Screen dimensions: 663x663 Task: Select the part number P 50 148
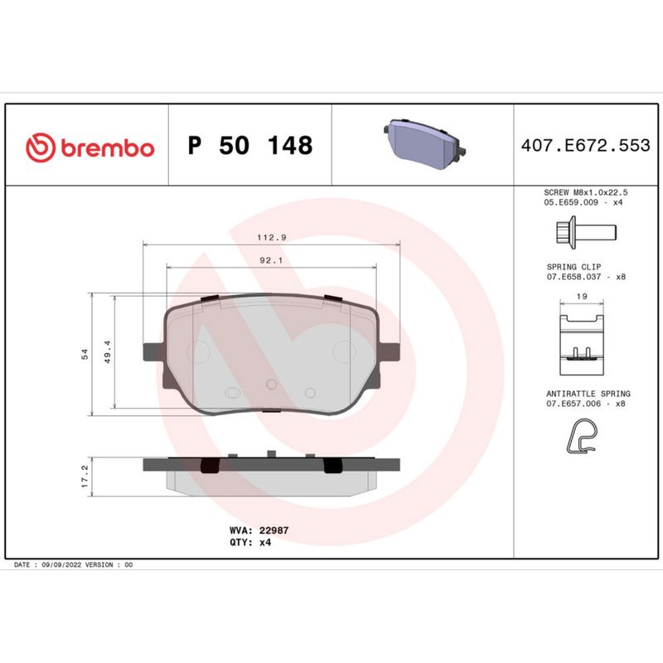click(250, 146)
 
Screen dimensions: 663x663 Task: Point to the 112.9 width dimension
click(272, 237)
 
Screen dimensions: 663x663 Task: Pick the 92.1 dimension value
click(272, 259)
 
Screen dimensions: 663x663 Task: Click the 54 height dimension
click(84, 355)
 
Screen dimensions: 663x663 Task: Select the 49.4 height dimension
click(107, 355)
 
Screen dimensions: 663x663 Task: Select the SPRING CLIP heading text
click(568, 267)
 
